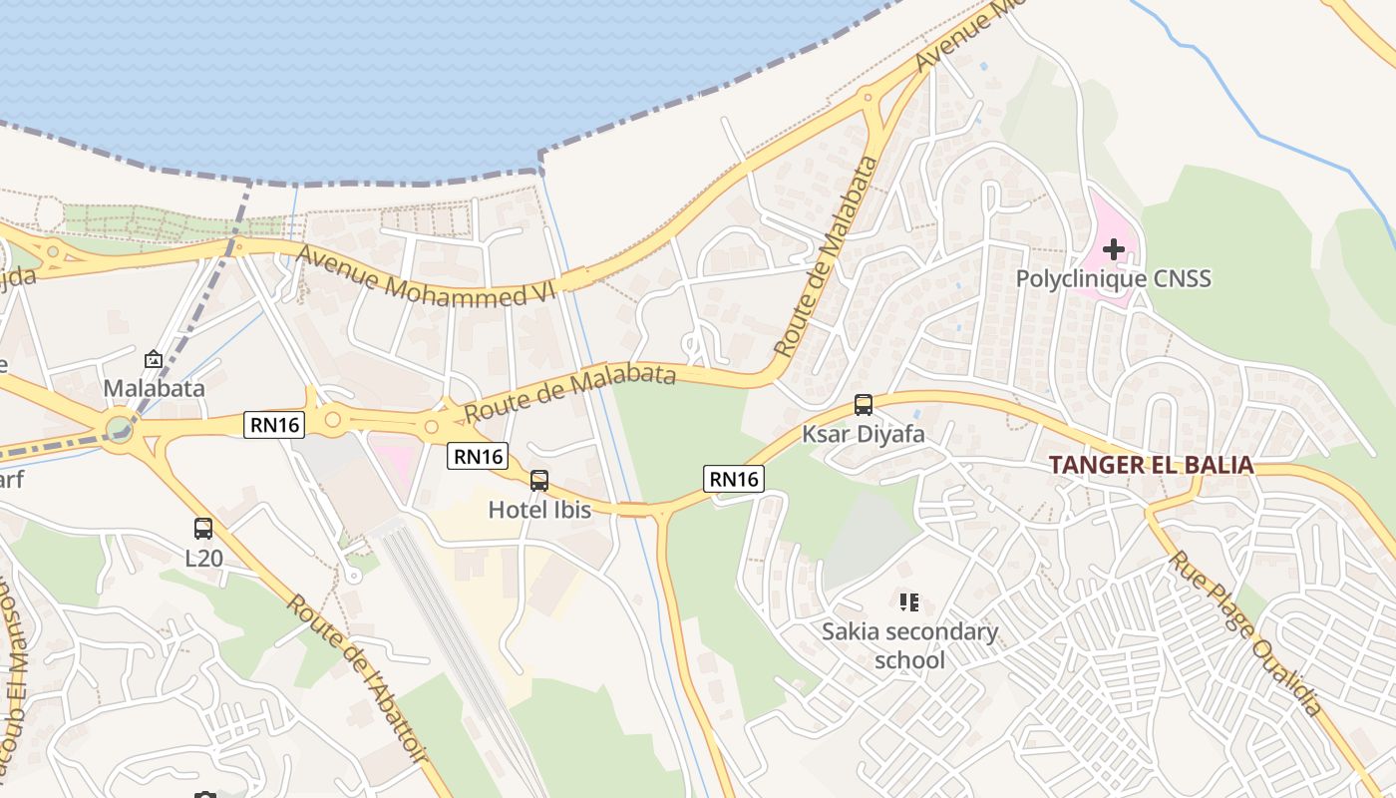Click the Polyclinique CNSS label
1113,278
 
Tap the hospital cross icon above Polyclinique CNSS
1114,248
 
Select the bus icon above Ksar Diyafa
864,405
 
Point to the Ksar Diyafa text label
864,435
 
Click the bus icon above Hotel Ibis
539,480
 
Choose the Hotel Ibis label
539,510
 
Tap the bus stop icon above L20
203,528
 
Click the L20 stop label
203,558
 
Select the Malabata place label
154,388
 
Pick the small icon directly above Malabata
154,359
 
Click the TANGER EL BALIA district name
1151,466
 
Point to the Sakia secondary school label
909,645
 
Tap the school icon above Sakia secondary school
908,601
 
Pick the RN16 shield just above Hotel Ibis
477,456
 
